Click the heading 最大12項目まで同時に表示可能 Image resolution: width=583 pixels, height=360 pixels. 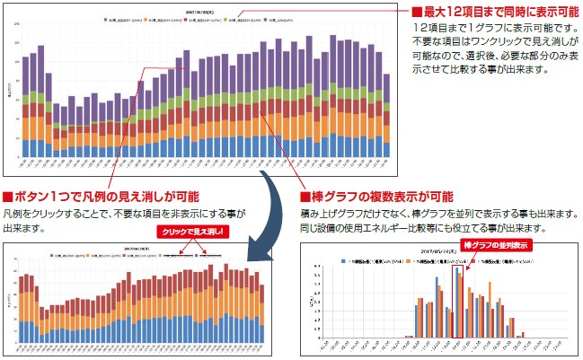[x=497, y=13]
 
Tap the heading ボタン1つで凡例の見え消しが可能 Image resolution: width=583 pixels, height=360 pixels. [x=106, y=197]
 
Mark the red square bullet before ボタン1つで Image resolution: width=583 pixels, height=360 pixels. [x=8, y=197]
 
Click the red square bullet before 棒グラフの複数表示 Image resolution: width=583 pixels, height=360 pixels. [x=306, y=197]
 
